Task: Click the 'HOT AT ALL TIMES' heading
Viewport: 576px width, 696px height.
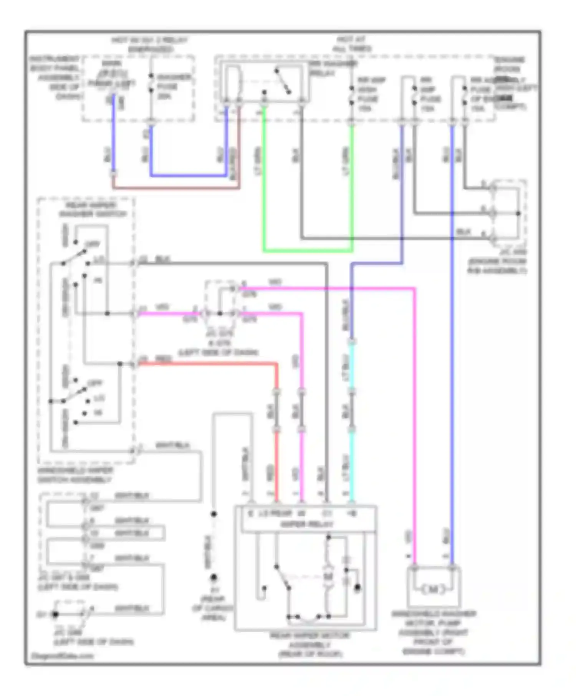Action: (x=351, y=44)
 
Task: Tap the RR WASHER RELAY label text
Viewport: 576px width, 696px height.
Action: (x=333, y=68)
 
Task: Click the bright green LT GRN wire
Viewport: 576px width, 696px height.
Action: (x=307, y=251)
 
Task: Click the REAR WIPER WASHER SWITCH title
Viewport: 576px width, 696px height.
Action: (x=92, y=209)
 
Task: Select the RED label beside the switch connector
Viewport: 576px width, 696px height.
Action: (x=163, y=359)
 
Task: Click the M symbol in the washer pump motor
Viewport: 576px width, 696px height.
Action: (x=433, y=589)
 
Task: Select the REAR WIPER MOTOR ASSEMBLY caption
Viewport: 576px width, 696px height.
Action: (x=310, y=645)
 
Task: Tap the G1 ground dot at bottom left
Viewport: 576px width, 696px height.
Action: (x=55, y=614)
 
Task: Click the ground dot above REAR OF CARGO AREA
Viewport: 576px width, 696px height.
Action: (x=214, y=577)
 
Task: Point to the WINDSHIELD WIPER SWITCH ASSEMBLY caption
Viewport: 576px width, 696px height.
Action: (x=75, y=475)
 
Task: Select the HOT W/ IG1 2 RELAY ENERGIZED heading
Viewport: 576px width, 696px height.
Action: (x=150, y=44)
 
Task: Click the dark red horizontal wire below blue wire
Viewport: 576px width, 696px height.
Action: (x=177, y=188)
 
